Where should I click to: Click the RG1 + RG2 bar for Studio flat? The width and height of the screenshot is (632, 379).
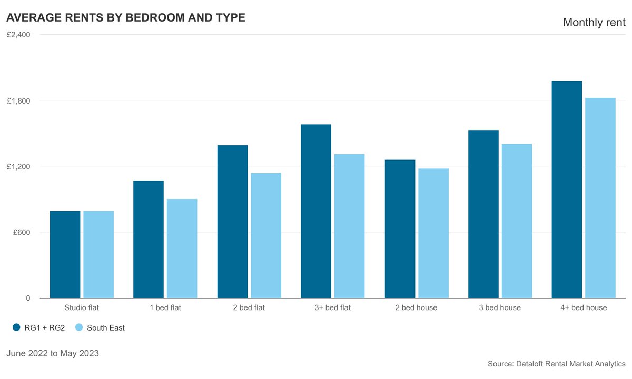pyautogui.click(x=65, y=255)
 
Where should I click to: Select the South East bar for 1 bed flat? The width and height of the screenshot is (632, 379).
pyautogui.click(x=182, y=248)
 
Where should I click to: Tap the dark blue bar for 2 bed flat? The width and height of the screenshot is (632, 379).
pyautogui.click(x=232, y=222)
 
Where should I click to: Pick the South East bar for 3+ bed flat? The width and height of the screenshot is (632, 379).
pyautogui.click(x=349, y=226)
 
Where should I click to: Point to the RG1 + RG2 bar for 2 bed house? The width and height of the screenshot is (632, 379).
pyautogui.click(x=400, y=229)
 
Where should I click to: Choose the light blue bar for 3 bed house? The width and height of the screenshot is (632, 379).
pyautogui.click(x=517, y=221)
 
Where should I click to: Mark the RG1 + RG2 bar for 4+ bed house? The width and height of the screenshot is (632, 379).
pyautogui.click(x=567, y=189)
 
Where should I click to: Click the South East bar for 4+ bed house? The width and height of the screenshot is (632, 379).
pyautogui.click(x=600, y=198)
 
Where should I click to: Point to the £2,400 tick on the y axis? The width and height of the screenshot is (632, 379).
pyautogui.click(x=18, y=35)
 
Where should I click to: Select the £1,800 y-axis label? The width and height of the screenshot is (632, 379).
pyautogui.click(x=18, y=101)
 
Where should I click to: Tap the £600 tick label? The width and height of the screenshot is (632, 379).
pyautogui.click(x=21, y=233)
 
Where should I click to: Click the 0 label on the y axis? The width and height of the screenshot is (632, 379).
pyautogui.click(x=28, y=298)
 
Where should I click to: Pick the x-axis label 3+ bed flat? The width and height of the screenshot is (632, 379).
pyautogui.click(x=332, y=307)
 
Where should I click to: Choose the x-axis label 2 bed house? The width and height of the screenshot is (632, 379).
pyautogui.click(x=416, y=307)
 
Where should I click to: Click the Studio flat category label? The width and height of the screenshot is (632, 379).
pyautogui.click(x=82, y=307)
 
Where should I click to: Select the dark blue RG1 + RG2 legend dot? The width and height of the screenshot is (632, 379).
pyautogui.click(x=16, y=327)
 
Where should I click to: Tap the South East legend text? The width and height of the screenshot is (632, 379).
pyautogui.click(x=106, y=327)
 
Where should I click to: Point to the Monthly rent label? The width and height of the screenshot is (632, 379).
pyautogui.click(x=594, y=22)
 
